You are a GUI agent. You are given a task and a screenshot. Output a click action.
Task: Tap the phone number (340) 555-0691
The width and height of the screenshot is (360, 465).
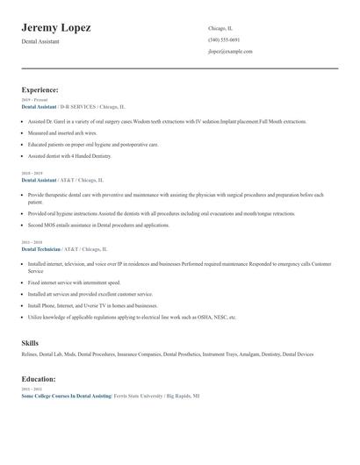pyautogui.click(x=224, y=40)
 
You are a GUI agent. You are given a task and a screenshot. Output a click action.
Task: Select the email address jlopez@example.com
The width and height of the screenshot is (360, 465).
pyautogui.click(x=230, y=52)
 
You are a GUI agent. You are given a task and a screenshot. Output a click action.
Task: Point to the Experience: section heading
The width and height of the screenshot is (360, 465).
pyautogui.click(x=40, y=89)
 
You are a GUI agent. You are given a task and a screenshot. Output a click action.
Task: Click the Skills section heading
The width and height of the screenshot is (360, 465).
pyautogui.click(x=30, y=343)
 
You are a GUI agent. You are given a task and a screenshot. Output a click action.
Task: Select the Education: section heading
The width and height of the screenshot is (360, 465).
pyautogui.click(x=39, y=379)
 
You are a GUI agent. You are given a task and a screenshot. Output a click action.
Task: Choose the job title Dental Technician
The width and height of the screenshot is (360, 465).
pyautogui.click(x=41, y=249)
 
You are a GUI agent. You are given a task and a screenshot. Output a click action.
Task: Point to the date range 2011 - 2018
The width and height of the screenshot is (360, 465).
pyautogui.click(x=31, y=243)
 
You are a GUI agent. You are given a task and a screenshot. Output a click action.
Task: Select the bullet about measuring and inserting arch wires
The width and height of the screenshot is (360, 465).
pyautogui.click(x=68, y=133)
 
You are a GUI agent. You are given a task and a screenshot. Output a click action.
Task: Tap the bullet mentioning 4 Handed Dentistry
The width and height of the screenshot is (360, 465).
pyautogui.click(x=70, y=156)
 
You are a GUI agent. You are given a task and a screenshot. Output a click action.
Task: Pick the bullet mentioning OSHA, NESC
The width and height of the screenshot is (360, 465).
pyautogui.click(x=132, y=317)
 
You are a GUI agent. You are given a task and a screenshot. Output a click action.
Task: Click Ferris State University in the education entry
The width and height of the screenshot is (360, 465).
pyautogui.click(x=141, y=396)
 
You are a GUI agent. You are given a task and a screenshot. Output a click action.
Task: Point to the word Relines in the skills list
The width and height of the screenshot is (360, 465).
pyautogui.click(x=31, y=354)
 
